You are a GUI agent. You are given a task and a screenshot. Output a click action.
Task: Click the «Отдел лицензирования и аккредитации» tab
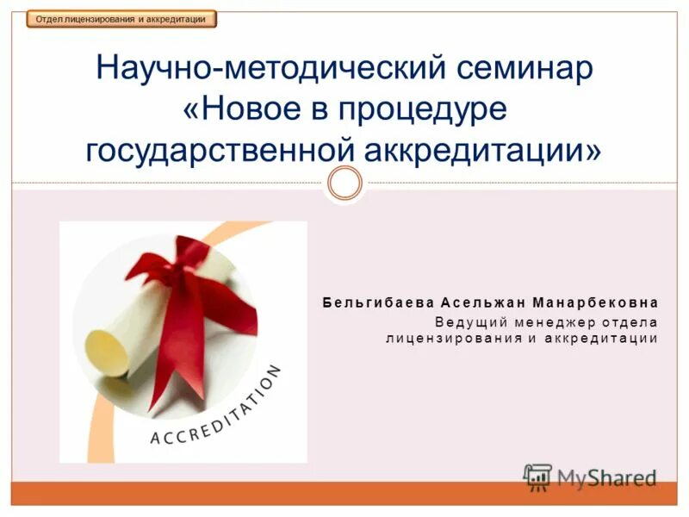tap(121, 19)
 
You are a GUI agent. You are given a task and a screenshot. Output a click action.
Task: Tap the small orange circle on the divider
tap(344, 183)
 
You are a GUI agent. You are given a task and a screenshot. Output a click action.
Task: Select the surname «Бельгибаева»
tap(379, 303)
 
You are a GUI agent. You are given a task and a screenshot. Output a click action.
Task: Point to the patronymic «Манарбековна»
tap(595, 303)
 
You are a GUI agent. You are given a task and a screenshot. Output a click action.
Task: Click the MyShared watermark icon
tap(538, 477)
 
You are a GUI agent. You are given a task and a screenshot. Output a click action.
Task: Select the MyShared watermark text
tap(607, 477)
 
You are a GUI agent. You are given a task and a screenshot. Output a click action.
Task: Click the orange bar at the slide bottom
tap(344, 494)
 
